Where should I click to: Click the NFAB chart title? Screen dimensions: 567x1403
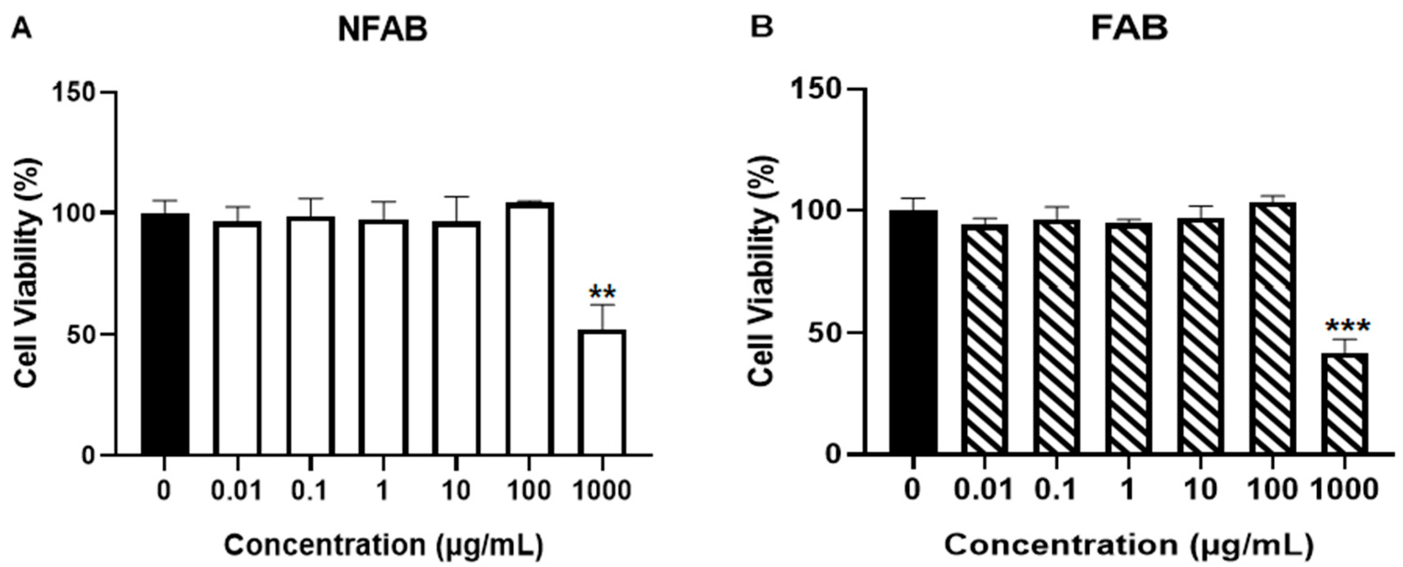click(383, 30)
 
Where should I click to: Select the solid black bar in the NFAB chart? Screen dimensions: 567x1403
click(165, 334)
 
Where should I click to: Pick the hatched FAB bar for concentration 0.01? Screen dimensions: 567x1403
click(984, 338)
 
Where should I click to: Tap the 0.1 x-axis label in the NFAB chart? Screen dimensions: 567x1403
click(310, 491)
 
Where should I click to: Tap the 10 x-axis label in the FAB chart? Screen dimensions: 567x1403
click(1200, 490)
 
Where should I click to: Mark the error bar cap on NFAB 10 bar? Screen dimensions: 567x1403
click(456, 196)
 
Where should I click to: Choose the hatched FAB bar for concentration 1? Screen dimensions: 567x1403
click(1128, 338)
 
